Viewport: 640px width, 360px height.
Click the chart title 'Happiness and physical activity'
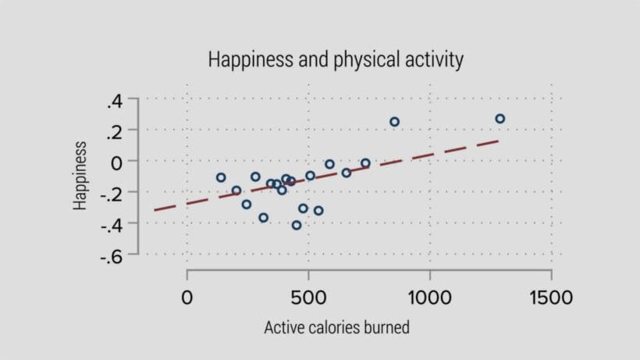tap(336, 59)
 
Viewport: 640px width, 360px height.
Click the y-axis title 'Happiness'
tap(80, 176)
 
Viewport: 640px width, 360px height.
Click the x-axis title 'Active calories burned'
tap(336, 327)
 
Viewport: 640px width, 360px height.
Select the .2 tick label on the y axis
tap(114, 130)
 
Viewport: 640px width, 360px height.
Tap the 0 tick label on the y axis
tap(118, 161)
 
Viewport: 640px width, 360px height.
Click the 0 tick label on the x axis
tap(187, 298)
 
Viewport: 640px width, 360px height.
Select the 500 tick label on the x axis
tap(308, 298)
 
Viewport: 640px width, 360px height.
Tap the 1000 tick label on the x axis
tap(430, 298)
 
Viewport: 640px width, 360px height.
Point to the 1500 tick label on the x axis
tap(551, 298)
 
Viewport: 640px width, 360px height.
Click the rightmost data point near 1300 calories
tap(500, 119)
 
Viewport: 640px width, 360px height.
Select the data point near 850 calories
tap(395, 122)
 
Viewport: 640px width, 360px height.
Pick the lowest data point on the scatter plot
tap(297, 225)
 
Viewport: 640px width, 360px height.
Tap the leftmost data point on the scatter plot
tap(221, 177)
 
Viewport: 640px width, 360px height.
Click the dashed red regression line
tap(437, 152)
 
